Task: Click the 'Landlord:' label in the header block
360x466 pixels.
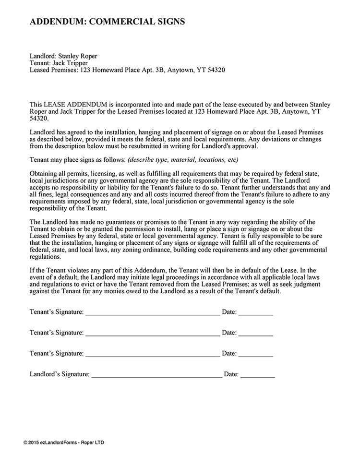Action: point(42,55)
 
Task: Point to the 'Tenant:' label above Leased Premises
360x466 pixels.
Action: point(40,62)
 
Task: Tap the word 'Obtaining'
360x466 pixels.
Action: point(44,173)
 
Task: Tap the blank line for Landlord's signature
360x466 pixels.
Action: point(156,374)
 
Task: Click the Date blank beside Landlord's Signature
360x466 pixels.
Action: point(258,374)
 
